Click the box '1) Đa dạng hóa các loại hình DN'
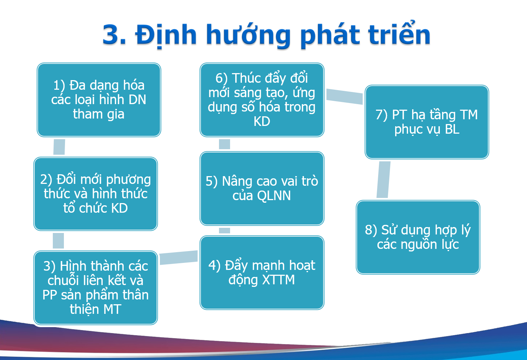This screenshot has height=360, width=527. coord(99,100)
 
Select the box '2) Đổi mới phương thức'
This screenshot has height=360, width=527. coord(96,193)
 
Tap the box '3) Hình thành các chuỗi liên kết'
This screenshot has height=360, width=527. coord(96,288)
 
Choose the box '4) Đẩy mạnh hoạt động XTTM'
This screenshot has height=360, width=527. coord(262,273)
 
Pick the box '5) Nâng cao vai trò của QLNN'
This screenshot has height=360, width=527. coord(262,188)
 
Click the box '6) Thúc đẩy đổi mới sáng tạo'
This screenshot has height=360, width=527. coord(262,100)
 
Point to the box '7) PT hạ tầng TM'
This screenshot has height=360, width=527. coord(427,122)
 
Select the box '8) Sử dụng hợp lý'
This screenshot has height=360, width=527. coord(418,237)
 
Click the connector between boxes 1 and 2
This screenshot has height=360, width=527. coord(59,147)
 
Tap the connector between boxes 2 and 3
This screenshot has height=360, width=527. coord(58,241)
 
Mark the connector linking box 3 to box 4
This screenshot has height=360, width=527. coord(179,257)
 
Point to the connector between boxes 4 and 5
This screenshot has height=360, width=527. coord(225,231)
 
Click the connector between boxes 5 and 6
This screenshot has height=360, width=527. coord(225,144)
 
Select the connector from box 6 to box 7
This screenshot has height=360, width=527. coord(345,96)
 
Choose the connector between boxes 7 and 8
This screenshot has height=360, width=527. coord(383,179)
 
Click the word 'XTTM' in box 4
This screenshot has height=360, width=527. coord(278,280)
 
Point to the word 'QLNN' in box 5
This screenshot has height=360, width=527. coord(274,196)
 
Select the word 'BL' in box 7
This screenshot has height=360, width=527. coord(452,129)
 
